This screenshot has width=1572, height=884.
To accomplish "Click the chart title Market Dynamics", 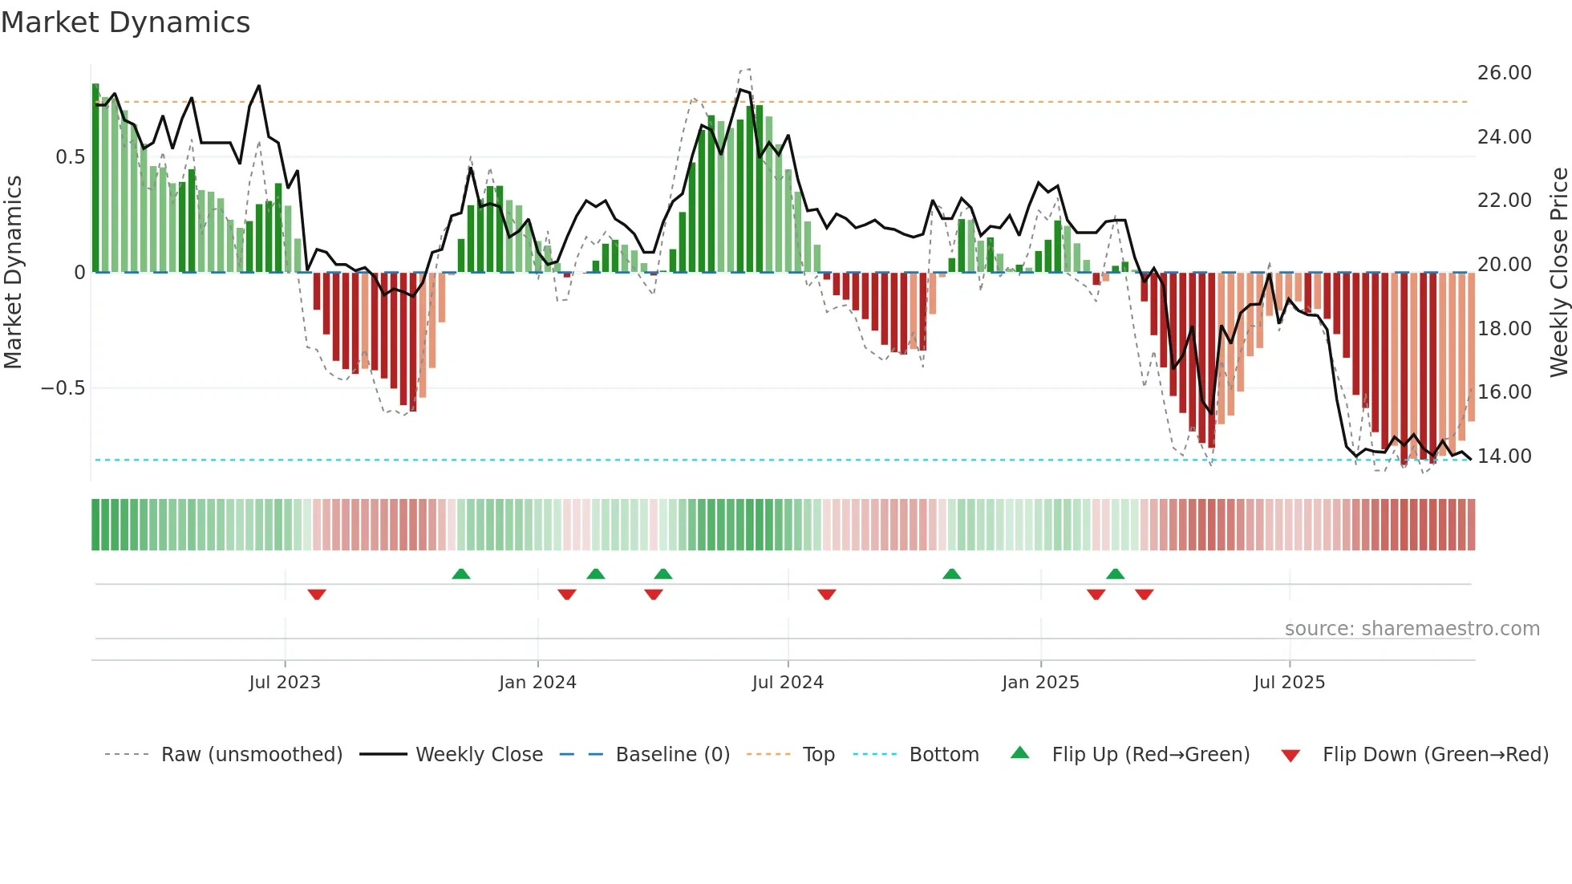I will [x=125, y=22].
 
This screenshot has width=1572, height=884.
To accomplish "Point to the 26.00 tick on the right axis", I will [x=1504, y=73].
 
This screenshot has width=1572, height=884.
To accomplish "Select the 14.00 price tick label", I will [x=1504, y=456].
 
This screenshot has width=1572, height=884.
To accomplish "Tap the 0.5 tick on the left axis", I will [x=70, y=157].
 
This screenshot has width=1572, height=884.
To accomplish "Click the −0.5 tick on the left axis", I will [x=63, y=388].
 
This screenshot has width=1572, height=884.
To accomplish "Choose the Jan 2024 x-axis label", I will [x=537, y=683].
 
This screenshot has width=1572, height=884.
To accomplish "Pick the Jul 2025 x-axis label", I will [x=1289, y=683].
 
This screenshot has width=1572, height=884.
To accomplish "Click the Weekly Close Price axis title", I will [x=1558, y=273].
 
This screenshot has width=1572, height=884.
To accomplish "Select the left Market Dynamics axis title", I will [x=13, y=273].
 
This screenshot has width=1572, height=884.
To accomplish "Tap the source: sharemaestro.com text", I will [x=1412, y=629].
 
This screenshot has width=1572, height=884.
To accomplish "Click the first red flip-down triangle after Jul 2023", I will [x=317, y=594].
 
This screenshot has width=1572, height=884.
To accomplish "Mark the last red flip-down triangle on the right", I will [x=1145, y=594].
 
